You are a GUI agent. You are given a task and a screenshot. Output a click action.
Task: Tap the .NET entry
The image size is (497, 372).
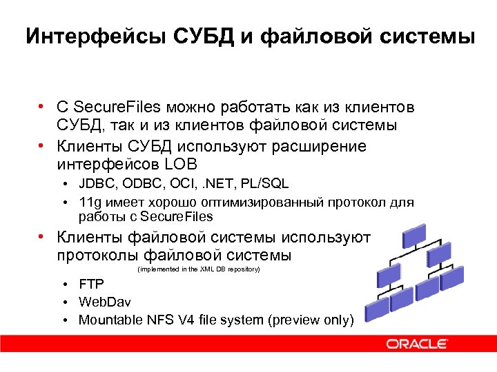click(219, 185)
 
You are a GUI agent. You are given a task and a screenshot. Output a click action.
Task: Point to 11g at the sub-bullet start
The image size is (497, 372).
click(90, 203)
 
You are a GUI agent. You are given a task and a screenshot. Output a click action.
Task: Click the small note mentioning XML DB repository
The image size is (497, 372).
click(199, 269)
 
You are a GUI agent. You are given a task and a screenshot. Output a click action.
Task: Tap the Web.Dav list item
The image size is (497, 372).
click(104, 302)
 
